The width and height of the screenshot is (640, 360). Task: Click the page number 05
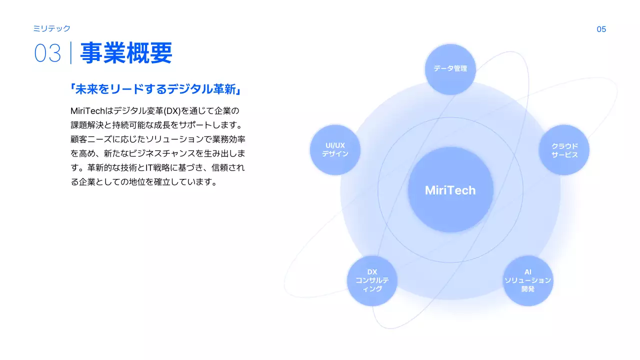601,29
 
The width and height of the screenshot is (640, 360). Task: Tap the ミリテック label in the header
51,28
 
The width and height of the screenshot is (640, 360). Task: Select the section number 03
47,53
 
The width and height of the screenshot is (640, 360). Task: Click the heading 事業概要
126,53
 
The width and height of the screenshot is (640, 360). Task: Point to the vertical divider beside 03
70,53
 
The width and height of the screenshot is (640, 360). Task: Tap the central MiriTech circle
450,190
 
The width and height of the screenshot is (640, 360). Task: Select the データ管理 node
450,68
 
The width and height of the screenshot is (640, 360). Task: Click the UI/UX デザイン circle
335,150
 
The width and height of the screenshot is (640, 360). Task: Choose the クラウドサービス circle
564,150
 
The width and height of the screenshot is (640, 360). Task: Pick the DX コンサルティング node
372,280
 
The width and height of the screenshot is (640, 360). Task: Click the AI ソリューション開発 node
527,280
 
